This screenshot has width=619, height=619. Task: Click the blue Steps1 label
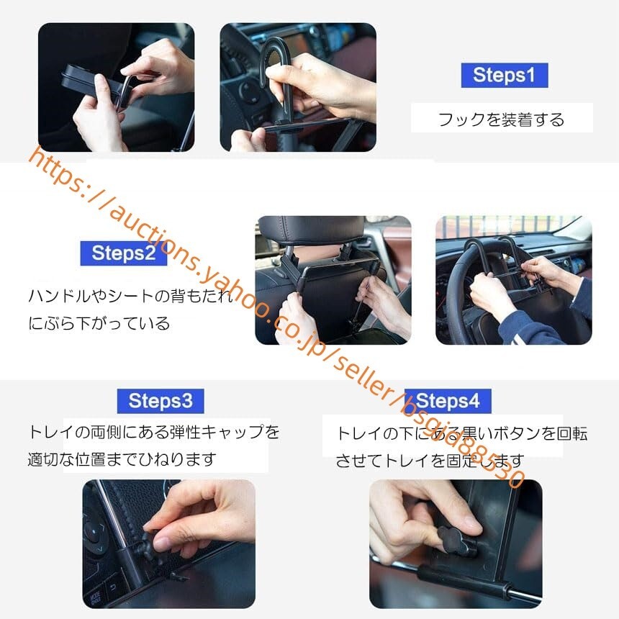tap(504, 75)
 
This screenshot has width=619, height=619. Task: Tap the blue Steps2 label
tap(124, 253)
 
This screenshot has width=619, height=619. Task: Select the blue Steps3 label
tap(160, 401)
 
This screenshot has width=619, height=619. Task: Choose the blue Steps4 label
tap(448, 401)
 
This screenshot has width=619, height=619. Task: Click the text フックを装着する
tap(501, 119)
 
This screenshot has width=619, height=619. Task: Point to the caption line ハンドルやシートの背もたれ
tap(130, 296)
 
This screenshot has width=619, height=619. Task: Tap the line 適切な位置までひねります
tap(122, 458)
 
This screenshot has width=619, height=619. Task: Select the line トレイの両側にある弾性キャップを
tap(153, 432)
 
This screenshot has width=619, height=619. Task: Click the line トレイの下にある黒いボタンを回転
tap(461, 433)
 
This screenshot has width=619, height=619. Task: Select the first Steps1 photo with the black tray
tap(116, 87)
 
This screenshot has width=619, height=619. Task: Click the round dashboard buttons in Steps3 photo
tap(96, 533)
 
